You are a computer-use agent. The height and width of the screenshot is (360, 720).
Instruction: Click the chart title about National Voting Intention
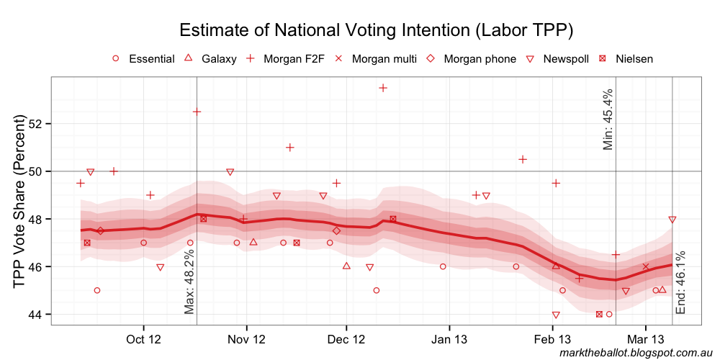pos(376,30)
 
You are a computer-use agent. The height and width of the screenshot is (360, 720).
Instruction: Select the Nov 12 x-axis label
pos(247,338)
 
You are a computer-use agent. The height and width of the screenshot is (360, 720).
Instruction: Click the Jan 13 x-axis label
pos(449,338)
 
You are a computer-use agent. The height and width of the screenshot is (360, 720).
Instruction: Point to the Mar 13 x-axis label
pos(646,338)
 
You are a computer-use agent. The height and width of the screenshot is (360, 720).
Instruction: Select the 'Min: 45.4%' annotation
pos(608,120)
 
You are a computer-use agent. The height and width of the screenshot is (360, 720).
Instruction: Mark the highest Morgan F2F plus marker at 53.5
pos(383,88)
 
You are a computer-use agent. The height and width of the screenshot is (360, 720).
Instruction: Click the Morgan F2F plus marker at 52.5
pos(197,112)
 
